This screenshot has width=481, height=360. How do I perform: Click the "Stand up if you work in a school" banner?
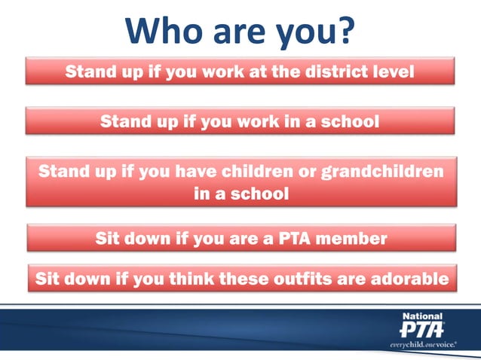240,121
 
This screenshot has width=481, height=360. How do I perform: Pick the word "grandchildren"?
384,170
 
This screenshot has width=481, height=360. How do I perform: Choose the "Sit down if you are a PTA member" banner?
240,239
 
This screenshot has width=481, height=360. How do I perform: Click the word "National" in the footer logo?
422,316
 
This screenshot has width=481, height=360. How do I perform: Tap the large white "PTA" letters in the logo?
421,330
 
